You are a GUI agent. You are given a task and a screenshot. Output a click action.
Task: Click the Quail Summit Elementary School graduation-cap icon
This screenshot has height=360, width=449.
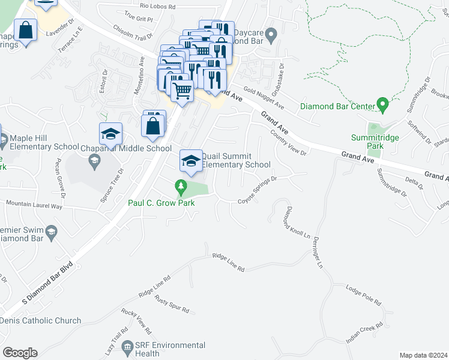[x=191, y=161]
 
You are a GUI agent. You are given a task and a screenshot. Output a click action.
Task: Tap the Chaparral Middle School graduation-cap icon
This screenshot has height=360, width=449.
[x=110, y=134]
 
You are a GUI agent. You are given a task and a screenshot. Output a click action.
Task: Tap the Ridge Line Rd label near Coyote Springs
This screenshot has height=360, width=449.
[x=228, y=263]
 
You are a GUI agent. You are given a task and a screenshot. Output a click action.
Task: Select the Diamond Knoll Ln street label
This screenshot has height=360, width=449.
[x=291, y=220]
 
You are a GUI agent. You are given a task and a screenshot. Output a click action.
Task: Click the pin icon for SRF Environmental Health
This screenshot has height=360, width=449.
[x=127, y=347]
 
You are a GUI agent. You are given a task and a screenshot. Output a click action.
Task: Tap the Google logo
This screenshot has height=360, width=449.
[x=20, y=353]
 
